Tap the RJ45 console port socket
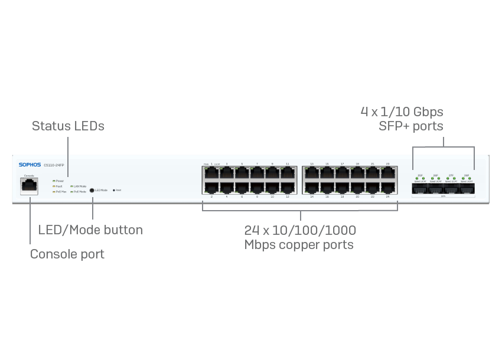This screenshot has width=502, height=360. [x=29, y=186]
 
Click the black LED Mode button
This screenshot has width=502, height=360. [x=92, y=190]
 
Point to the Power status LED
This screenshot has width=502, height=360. [x=54, y=181]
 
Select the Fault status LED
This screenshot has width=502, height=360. [x=54, y=186]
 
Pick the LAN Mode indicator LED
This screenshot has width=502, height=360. [x=71, y=186]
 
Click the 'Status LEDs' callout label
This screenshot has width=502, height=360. [x=68, y=126]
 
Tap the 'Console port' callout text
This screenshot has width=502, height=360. [x=67, y=254]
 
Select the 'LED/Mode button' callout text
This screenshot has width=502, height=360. [x=90, y=230]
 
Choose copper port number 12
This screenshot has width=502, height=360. [x=288, y=187]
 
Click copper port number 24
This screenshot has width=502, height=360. [x=388, y=187]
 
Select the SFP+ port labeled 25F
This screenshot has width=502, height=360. [x=420, y=189]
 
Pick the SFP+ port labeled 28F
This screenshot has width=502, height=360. [x=467, y=189]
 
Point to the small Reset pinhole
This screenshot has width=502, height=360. [x=113, y=191]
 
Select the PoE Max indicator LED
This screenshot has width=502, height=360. [x=54, y=192]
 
